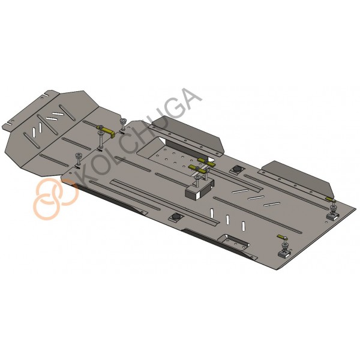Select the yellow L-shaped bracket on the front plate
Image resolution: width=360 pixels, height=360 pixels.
click(106, 131)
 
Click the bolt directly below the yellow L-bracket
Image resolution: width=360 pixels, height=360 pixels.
click(100, 140)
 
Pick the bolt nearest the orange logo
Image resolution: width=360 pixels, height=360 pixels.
click(79, 160)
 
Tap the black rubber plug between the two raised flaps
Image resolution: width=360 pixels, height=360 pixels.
click(236, 169)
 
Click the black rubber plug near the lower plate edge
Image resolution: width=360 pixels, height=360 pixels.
click(176, 217)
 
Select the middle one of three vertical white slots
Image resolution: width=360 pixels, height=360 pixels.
click(228, 220)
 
